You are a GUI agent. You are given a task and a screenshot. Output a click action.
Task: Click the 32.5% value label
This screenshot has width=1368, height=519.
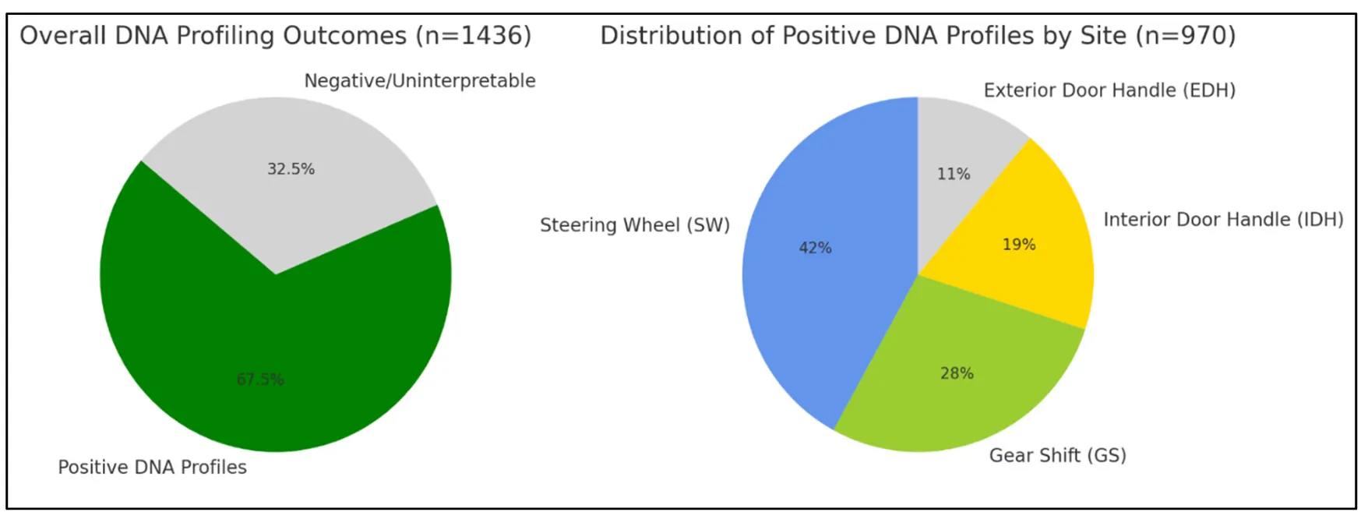[291, 169]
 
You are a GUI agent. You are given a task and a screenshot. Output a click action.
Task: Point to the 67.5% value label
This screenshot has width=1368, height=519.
[260, 380]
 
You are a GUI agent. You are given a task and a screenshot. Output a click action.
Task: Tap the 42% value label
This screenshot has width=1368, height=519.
[815, 248]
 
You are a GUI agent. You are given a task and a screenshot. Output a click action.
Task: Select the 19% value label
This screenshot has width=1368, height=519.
[1018, 245]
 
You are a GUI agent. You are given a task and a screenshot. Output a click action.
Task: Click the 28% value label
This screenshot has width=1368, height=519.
[956, 373]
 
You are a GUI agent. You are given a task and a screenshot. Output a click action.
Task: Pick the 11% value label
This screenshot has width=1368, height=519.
[953, 174]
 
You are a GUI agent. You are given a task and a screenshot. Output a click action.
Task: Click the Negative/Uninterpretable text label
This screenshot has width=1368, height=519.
[419, 81]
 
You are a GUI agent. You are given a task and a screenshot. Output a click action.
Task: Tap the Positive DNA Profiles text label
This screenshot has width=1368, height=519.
[152, 467]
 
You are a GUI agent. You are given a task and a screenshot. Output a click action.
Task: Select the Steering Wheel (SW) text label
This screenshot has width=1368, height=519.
[634, 225]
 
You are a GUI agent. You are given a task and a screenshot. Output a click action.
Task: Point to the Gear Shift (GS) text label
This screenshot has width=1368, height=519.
[1057, 455]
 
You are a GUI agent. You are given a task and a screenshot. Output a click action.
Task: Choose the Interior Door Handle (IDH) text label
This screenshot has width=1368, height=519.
[1222, 220]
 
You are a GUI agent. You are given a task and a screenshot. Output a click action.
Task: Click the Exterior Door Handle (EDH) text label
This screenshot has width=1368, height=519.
[1109, 90]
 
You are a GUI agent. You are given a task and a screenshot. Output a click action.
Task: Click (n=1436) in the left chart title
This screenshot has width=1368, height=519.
[473, 36]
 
